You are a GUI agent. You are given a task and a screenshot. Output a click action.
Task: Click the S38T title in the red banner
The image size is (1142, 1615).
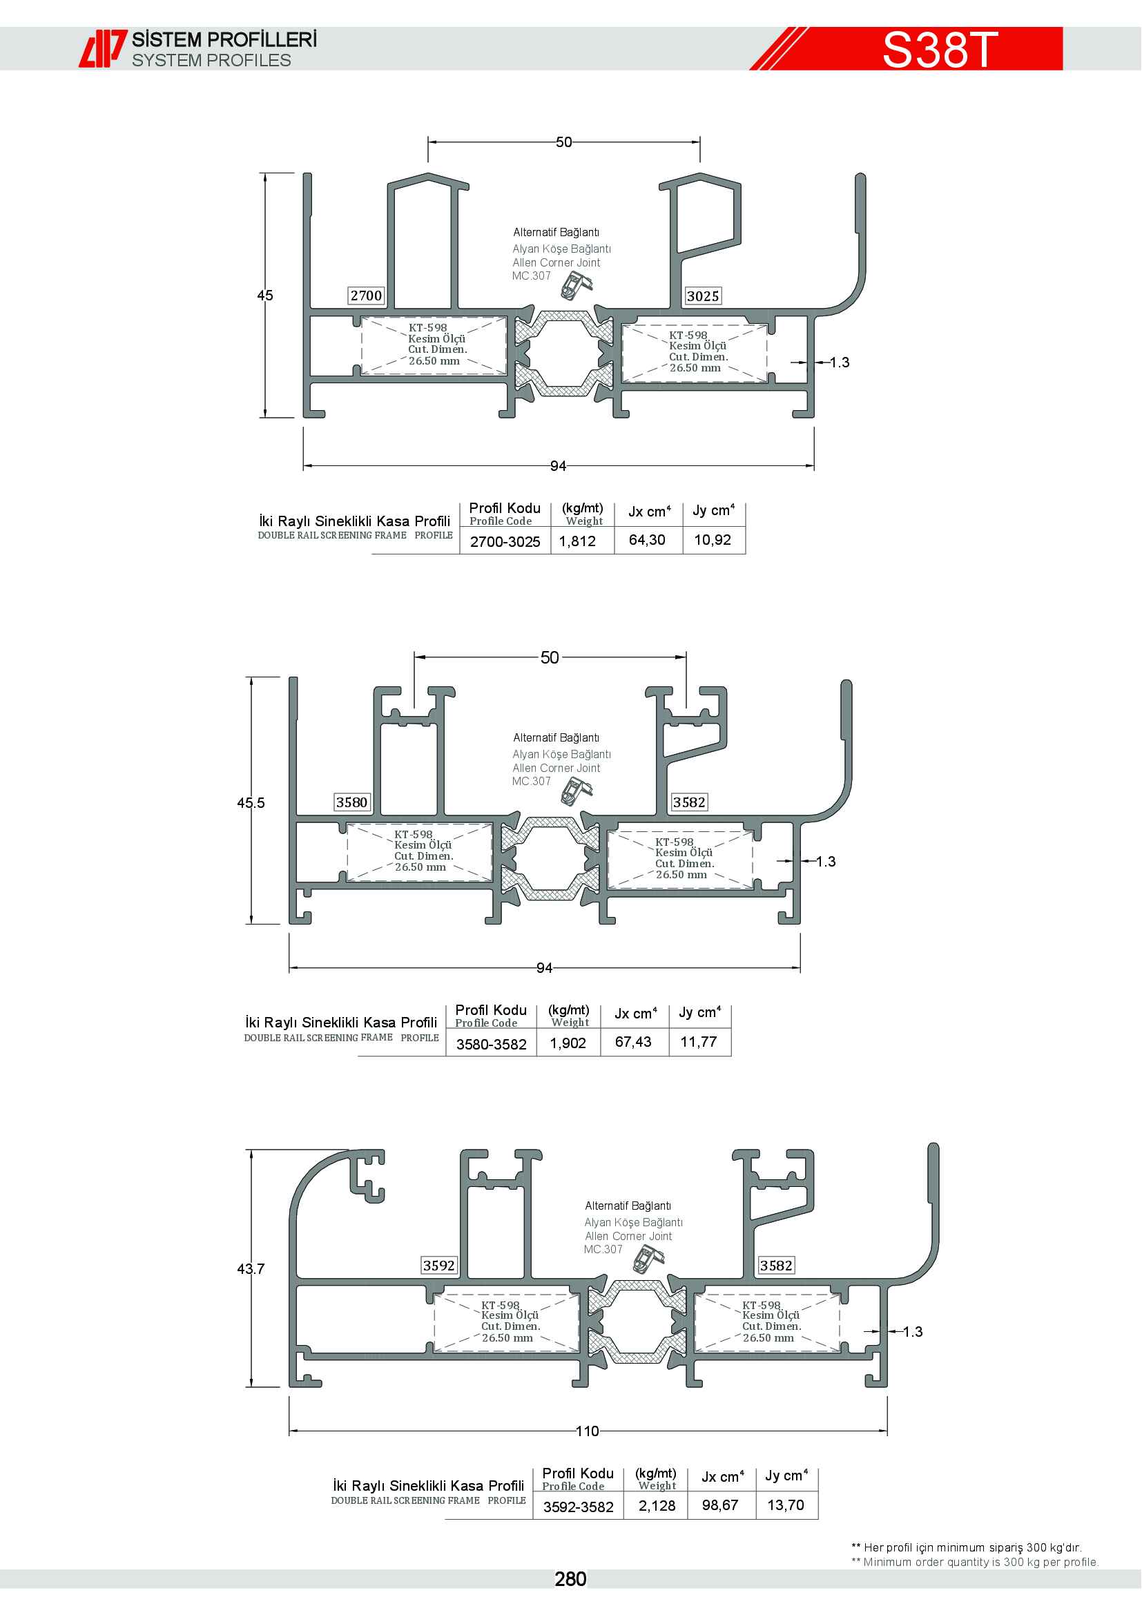(x=940, y=49)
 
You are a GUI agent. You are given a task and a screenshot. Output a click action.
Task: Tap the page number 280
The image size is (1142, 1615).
(x=570, y=1579)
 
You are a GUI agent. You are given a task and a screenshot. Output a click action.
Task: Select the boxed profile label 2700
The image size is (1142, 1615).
(x=367, y=296)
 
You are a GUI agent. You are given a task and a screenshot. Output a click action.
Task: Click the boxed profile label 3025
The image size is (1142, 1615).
(x=703, y=296)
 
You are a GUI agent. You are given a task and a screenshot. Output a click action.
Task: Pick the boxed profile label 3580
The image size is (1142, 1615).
(x=351, y=802)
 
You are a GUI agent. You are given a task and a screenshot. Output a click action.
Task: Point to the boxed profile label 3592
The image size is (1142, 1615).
(x=439, y=1266)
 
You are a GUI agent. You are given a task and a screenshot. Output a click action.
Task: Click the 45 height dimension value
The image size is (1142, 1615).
(x=265, y=296)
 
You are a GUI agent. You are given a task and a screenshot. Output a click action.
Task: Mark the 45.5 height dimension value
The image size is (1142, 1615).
(x=251, y=802)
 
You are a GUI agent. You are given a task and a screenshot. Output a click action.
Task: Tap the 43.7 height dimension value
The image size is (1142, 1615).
(x=251, y=1269)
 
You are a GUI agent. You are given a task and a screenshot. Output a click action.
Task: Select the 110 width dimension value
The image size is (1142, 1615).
(x=587, y=1431)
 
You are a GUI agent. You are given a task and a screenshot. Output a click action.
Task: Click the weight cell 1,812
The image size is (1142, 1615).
(x=577, y=541)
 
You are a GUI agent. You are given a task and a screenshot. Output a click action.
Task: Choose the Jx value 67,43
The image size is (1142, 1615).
(x=633, y=1042)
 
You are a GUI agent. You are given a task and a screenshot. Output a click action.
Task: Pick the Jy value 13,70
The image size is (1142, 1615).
(x=786, y=1505)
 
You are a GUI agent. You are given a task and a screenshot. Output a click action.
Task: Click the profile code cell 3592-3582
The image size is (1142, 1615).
(x=578, y=1507)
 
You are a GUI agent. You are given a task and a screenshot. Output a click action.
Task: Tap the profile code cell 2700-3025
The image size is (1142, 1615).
(x=505, y=541)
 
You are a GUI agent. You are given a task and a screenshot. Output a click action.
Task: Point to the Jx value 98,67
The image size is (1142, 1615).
(x=720, y=1505)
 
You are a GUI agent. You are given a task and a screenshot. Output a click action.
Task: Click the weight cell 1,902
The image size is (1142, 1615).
(x=568, y=1043)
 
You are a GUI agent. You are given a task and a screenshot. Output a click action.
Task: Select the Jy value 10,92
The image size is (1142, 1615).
(x=713, y=539)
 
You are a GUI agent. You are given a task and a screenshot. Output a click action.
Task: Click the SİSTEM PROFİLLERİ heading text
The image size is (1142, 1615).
(x=224, y=39)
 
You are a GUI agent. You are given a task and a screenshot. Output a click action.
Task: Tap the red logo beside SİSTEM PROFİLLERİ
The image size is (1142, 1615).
(x=103, y=48)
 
